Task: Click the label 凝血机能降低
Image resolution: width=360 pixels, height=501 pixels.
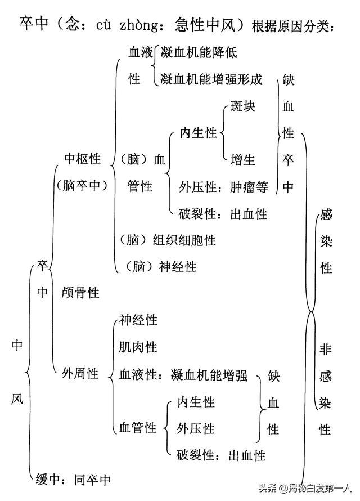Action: [x=199, y=53]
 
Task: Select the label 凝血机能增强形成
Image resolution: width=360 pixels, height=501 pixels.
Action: [x=211, y=79]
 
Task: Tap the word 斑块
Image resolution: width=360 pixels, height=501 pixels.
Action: [x=243, y=106]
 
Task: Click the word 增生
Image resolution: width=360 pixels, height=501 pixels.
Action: [x=243, y=160]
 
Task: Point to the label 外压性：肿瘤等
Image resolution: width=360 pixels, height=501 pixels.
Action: [x=223, y=187]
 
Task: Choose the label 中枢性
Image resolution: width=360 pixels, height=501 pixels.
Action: [x=83, y=159]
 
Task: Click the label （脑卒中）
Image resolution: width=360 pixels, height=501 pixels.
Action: [x=82, y=186]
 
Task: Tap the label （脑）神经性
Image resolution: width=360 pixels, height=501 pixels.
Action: [x=158, y=267]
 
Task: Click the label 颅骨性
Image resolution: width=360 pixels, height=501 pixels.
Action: [x=80, y=293]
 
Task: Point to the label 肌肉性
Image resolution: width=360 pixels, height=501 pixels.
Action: [x=138, y=347]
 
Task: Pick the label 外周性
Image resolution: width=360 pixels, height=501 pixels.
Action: [x=80, y=373]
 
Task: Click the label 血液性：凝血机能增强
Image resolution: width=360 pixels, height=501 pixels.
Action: [x=183, y=374]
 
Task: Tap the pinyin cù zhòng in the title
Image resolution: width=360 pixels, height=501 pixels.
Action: [x=125, y=25]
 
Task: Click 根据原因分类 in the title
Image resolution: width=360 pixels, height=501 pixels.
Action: [x=295, y=26]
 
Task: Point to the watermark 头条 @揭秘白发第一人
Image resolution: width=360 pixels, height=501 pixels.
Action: [x=304, y=487]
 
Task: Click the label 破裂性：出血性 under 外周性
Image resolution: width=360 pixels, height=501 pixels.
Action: [x=221, y=455]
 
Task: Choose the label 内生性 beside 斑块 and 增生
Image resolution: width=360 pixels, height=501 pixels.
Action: [x=199, y=133]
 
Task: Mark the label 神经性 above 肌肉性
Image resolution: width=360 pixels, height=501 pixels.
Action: [x=138, y=320]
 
